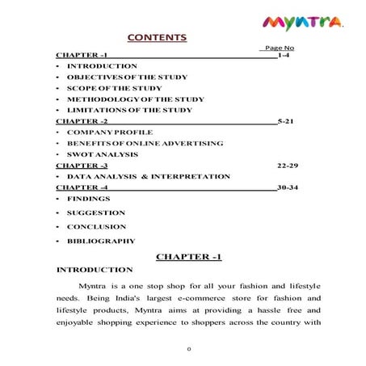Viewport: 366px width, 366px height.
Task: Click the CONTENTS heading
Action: tap(158, 38)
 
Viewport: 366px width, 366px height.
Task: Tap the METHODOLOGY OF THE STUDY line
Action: tap(124, 99)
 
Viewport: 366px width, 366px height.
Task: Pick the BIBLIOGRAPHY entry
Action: tap(101, 241)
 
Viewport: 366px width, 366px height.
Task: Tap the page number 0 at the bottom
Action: tap(188, 350)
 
